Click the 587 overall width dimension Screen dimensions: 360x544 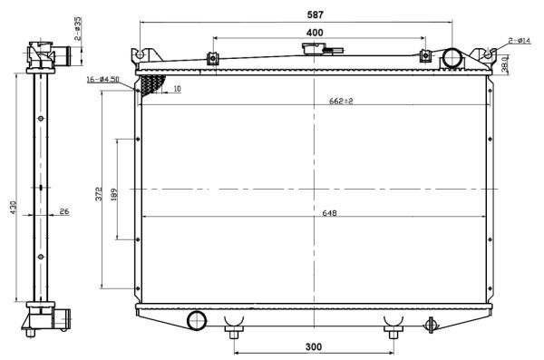pos(315,15)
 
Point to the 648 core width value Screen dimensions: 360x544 pos(329,214)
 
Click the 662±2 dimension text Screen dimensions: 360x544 pos(340,101)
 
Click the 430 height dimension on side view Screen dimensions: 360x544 pos(13,208)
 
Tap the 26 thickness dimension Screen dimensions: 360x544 pos(63,212)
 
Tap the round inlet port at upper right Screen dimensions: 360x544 pos(452,59)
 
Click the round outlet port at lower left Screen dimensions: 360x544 pos(196,320)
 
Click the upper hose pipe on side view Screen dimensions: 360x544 pos(65,57)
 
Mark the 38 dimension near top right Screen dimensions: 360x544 pos(504,64)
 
